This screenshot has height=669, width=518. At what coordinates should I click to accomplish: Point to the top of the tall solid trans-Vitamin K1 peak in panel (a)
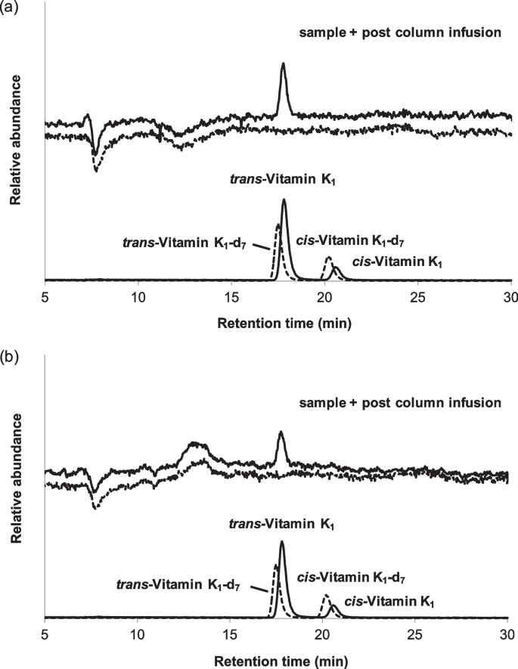pos(284,200)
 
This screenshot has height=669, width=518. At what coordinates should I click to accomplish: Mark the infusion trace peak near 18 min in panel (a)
pos(284,64)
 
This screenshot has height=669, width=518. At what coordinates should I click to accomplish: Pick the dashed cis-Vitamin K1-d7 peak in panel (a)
pos(328,259)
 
